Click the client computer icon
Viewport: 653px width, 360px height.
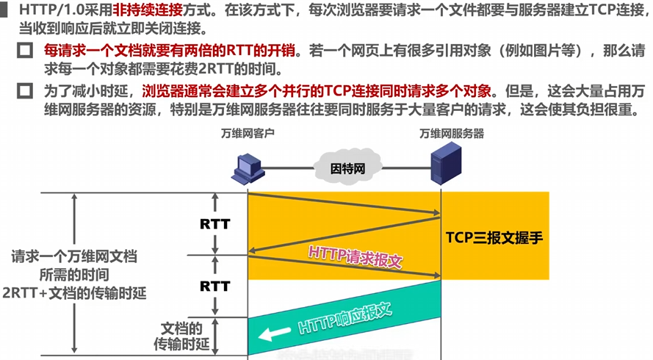coord(248,169)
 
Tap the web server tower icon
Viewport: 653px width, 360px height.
coord(446,163)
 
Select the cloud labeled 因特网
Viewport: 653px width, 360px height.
coord(347,168)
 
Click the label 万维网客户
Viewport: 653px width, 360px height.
coord(248,133)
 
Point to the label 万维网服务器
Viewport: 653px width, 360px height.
coord(452,134)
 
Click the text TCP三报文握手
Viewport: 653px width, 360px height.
coord(494,237)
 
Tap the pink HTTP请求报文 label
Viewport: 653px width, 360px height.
coord(356,256)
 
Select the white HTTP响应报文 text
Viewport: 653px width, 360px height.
coord(345,319)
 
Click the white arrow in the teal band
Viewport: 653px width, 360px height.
coord(274,334)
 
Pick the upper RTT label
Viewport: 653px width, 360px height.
coord(215,224)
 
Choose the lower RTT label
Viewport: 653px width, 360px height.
coord(215,287)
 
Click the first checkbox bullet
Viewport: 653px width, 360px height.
coord(25,51)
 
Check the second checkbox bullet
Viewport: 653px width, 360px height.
coord(25,91)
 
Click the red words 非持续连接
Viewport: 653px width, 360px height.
coord(148,10)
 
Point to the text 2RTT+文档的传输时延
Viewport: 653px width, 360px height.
coord(74,293)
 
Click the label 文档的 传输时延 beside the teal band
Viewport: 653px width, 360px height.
coord(181,336)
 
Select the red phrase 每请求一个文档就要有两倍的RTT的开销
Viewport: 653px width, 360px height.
coord(170,51)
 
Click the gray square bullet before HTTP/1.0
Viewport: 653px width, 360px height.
coord(4,10)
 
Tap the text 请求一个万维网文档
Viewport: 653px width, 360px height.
coord(74,256)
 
